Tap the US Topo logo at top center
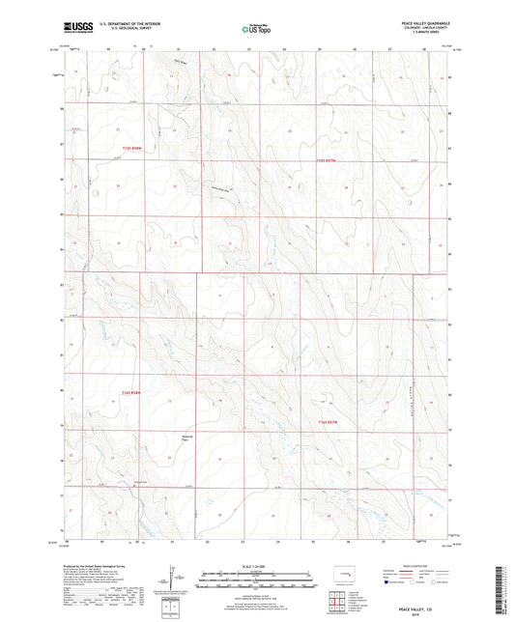(252, 28)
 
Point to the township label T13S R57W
(329, 159)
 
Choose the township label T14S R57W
(329, 422)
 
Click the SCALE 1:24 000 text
(256, 566)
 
